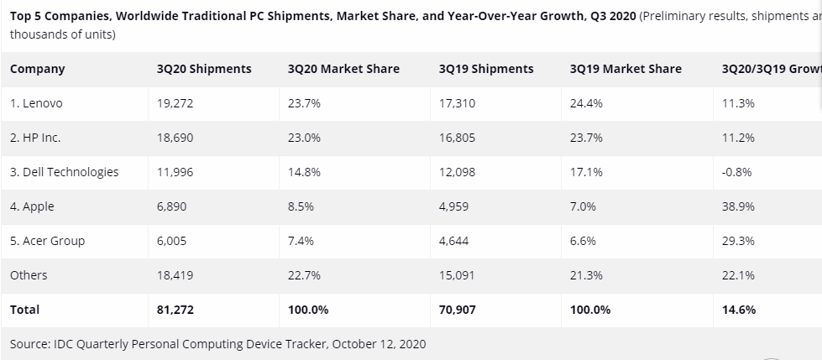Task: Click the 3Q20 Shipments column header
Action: click(x=204, y=69)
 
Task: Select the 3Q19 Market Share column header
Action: click(x=626, y=69)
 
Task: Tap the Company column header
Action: click(x=37, y=69)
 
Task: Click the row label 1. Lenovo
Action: click(x=36, y=103)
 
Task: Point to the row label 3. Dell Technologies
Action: click(x=64, y=172)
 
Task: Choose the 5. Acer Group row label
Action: click(x=47, y=241)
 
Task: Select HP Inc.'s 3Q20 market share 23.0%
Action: click(x=304, y=138)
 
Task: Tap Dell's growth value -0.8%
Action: click(x=736, y=172)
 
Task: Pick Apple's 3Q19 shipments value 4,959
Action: click(x=454, y=206)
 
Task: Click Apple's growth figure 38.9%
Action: click(x=738, y=206)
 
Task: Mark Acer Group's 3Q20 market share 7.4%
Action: click(x=301, y=241)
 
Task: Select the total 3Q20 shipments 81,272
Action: click(x=175, y=310)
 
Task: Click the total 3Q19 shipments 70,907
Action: click(x=458, y=310)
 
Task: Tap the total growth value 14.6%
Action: click(x=739, y=310)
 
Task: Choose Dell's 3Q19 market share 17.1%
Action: click(x=585, y=172)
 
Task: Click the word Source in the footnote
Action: click(x=30, y=344)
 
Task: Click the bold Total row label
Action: click(x=24, y=310)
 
